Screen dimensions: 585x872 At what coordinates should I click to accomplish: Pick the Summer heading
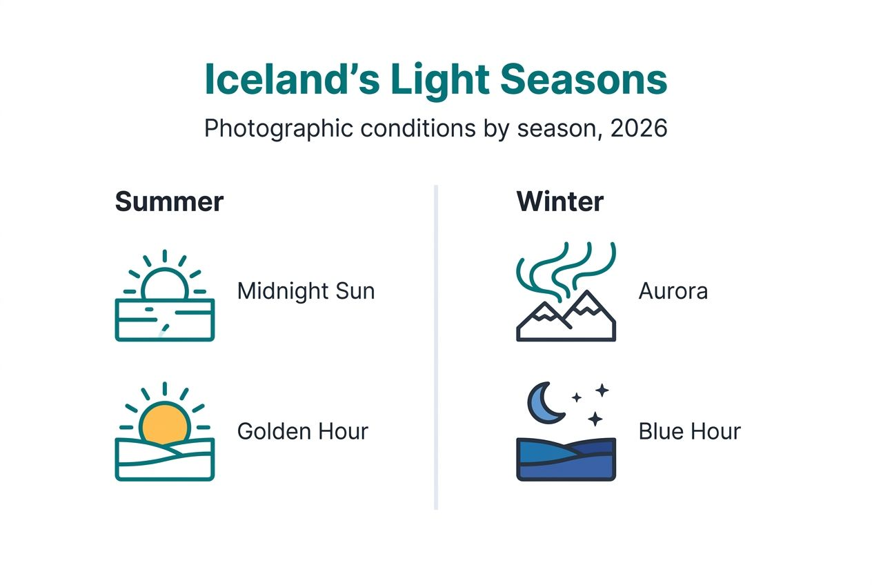[x=169, y=202]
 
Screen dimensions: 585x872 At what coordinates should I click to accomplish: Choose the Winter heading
[x=559, y=202]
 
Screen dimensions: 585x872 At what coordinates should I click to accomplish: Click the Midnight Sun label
[x=306, y=291]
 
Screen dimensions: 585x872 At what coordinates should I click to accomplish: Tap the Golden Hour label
[x=302, y=432]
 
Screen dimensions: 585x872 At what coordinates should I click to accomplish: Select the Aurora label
[x=673, y=291]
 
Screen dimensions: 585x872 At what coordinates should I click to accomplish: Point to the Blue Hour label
[x=689, y=432]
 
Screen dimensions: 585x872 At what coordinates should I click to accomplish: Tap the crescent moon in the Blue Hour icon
[x=544, y=404]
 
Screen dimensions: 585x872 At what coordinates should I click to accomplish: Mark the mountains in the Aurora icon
[x=566, y=321]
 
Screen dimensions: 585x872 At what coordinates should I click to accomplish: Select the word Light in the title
[x=439, y=80]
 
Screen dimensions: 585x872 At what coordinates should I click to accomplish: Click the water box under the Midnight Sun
[x=164, y=324]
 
